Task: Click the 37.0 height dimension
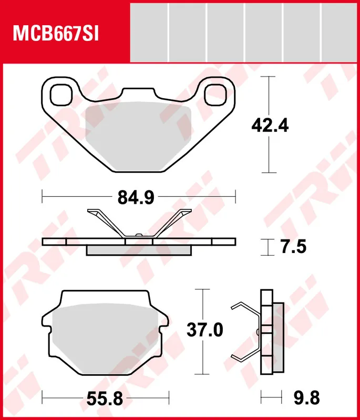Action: [x=205, y=330]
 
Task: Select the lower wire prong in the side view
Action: [x=244, y=354]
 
